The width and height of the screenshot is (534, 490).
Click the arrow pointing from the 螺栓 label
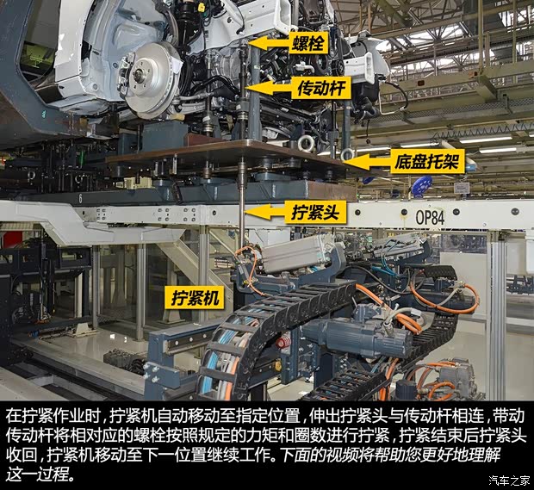click(264, 40)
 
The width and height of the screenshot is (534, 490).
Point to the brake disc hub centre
click(139, 74)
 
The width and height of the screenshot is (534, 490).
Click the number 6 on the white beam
click(81, 198)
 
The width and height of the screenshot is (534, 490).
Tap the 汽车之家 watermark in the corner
click(506, 480)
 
